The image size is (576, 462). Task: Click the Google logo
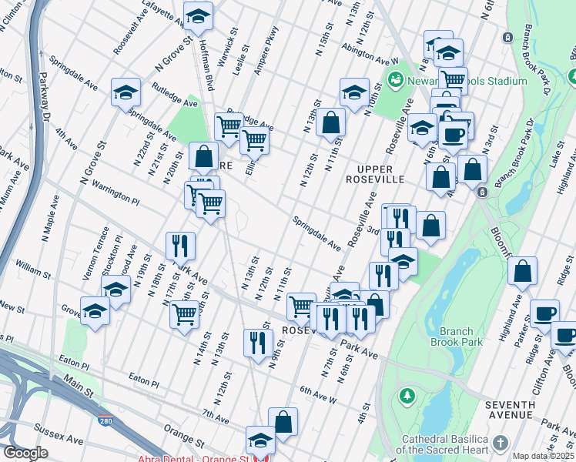click(25, 453)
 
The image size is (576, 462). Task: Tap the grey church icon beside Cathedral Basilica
click(501, 442)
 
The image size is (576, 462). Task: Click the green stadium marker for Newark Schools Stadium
click(396, 79)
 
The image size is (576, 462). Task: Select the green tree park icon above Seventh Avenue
click(406, 395)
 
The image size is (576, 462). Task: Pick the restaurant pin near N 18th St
click(179, 246)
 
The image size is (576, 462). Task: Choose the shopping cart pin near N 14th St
click(184, 314)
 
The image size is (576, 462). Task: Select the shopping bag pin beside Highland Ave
click(523, 271)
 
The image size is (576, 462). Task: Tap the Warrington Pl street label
click(115, 191)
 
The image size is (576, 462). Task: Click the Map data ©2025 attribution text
click(543, 456)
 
